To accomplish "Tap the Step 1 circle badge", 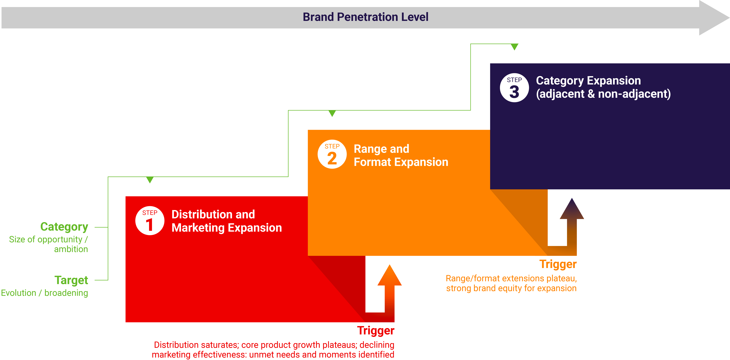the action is (150, 221).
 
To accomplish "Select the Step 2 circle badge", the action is (332, 154).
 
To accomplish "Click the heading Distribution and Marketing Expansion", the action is (227, 221).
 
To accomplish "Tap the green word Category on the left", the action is (64, 227).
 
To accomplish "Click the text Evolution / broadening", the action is (45, 293).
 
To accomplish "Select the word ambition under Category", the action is (71, 249).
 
